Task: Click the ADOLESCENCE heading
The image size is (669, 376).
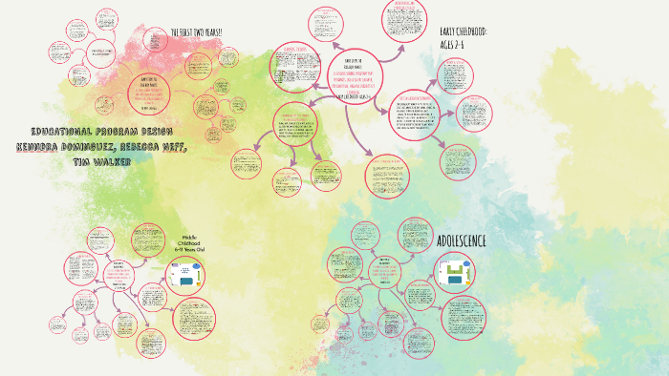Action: [462, 240]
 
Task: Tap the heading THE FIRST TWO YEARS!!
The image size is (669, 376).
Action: [196, 32]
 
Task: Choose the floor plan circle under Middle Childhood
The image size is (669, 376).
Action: [186, 277]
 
